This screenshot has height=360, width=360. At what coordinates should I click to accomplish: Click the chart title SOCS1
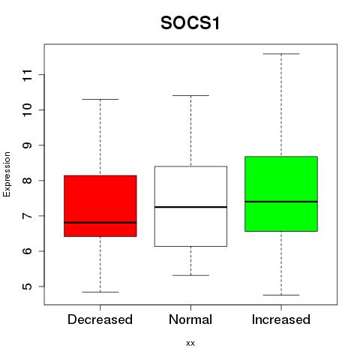coord(190,23)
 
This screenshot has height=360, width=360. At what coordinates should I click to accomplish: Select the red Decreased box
coord(100,205)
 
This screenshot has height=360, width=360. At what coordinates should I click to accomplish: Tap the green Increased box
coord(281,193)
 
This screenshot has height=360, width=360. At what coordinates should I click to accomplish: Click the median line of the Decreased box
coord(100,222)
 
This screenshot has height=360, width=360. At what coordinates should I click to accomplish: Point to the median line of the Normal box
coord(190,207)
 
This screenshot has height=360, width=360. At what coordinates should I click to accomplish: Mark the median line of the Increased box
coord(281,202)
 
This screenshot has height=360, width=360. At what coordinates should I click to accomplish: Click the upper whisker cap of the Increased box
coord(281,54)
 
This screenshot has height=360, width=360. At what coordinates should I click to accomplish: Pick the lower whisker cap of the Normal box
coord(190,275)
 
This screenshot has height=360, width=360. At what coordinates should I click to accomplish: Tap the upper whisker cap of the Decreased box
coord(100,99)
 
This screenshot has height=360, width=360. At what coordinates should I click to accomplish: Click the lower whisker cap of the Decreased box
coord(100,292)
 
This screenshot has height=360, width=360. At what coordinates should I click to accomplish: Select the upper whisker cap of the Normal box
coord(190,95)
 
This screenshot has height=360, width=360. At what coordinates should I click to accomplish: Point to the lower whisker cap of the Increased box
coord(281,295)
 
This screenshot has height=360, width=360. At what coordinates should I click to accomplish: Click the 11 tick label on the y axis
coord(28,75)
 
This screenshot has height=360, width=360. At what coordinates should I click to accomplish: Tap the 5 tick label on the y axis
coord(28,286)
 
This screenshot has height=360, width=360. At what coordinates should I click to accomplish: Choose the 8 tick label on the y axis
coord(28,181)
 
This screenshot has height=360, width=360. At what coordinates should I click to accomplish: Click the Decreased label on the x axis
coord(100,319)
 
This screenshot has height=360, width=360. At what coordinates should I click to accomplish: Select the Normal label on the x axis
coord(190,319)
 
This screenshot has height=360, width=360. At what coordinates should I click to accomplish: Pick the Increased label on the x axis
coord(281,319)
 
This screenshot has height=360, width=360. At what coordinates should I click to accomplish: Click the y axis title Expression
coord(7,174)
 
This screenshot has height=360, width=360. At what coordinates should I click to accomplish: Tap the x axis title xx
coord(190,343)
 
